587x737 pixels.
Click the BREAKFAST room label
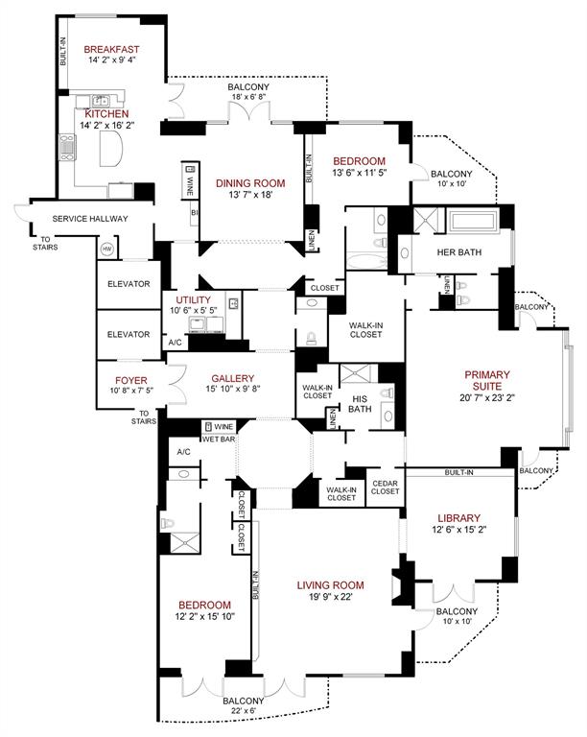tap(111, 50)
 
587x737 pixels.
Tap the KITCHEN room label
tap(106, 113)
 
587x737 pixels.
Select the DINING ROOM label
tap(250, 183)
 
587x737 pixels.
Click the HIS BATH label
tap(361, 403)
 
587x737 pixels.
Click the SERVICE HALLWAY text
tap(90, 219)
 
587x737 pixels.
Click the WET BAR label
tap(219, 439)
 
